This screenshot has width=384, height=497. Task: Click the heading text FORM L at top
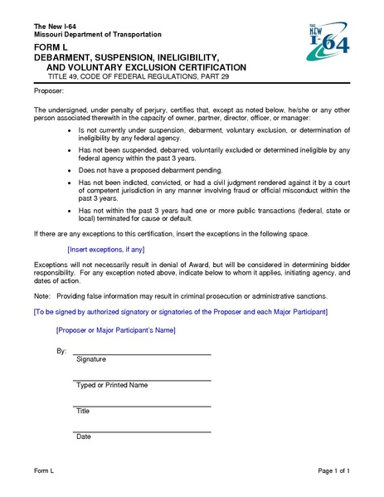pyautogui.click(x=51, y=49)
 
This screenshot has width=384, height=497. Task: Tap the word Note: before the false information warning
pyautogui.click(x=42, y=296)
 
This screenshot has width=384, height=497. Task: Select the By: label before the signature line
pyautogui.click(x=61, y=351)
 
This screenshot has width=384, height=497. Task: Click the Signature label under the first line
pyautogui.click(x=91, y=359)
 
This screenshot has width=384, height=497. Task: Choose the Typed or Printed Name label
pyautogui.click(x=112, y=385)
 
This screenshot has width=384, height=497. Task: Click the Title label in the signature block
pyautogui.click(x=83, y=411)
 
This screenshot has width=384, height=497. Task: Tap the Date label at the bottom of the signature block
pyautogui.click(x=83, y=436)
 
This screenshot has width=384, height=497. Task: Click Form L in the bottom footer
pyautogui.click(x=44, y=471)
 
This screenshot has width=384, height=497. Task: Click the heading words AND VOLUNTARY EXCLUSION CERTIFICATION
pyautogui.click(x=146, y=66)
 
